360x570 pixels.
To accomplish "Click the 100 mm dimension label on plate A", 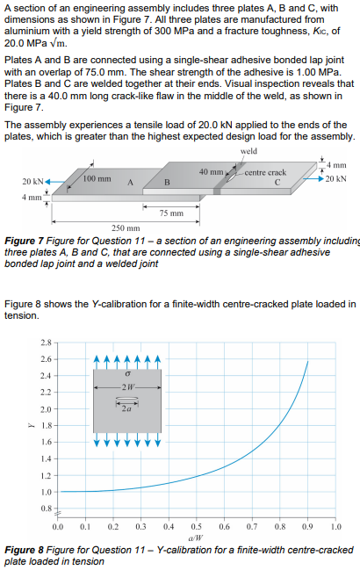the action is pos(97,178).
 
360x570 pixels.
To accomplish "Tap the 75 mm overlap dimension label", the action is pos(170,213).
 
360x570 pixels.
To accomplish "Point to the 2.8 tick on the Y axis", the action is pos(45,341).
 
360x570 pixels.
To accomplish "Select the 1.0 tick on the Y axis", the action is pos(45,491).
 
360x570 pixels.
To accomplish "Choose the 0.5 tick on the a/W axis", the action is pos(197,526).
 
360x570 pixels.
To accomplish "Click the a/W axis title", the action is pos(198,537).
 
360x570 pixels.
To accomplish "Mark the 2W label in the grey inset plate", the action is pos(128,387).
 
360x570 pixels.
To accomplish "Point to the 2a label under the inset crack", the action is pos(128,409).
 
